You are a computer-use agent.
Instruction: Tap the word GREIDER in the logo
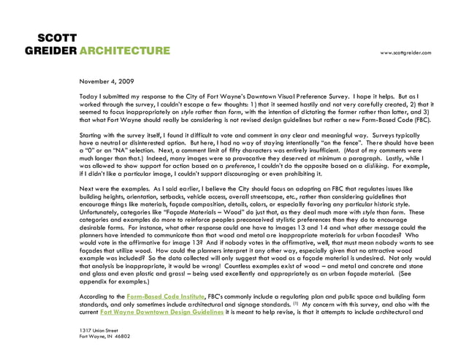(50, 51)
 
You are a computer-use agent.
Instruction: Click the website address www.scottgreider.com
(405, 53)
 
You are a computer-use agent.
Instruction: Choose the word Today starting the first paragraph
(88, 96)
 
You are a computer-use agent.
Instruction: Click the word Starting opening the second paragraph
(92, 137)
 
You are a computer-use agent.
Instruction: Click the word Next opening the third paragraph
(87, 191)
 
